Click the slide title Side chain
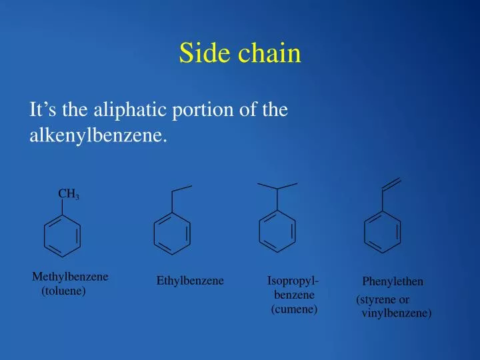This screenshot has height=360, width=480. [240, 54]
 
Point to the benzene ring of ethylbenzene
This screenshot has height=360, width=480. [172, 234]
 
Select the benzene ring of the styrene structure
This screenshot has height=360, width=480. [383, 231]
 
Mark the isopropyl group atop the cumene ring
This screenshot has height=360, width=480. [277, 188]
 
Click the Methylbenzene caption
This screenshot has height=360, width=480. [70, 277]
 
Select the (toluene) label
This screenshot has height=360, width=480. [63, 291]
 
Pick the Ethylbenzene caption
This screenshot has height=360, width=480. [190, 281]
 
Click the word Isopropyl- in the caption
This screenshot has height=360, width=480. [292, 280]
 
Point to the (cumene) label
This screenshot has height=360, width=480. [294, 309]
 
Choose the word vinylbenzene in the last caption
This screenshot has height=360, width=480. [395, 313]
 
